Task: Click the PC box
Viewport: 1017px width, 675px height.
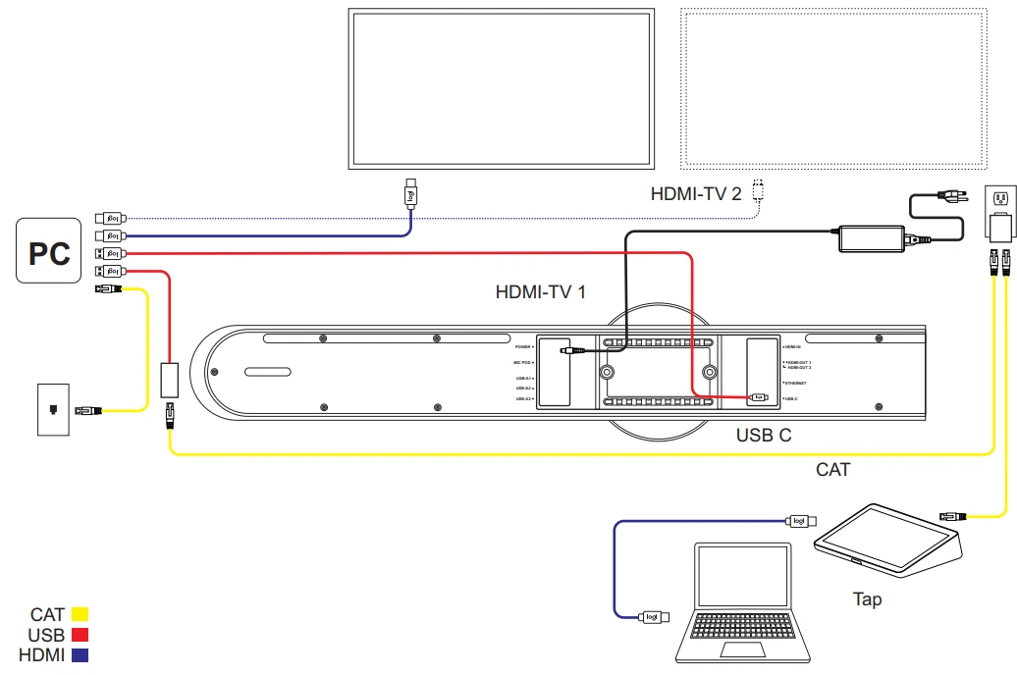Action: point(48,251)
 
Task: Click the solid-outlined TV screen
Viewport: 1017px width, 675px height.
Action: point(502,88)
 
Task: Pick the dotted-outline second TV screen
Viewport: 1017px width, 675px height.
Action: point(832,88)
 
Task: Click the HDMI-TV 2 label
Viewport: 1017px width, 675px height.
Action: point(696,194)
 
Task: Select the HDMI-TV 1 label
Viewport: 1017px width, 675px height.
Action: point(541,291)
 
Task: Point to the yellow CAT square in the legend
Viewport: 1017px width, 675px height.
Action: point(80,615)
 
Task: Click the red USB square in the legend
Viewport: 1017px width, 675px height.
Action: point(80,635)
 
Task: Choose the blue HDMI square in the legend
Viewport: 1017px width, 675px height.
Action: point(80,654)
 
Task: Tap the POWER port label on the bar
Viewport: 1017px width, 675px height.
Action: point(522,347)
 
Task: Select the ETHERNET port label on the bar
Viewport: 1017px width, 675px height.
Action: point(795,382)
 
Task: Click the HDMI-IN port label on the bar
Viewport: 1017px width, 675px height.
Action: point(792,347)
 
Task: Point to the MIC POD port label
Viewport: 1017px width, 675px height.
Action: point(520,362)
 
